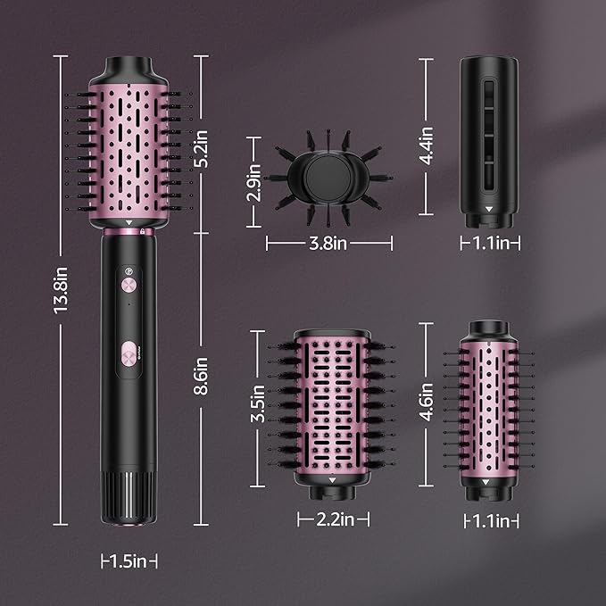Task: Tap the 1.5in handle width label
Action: point(129,561)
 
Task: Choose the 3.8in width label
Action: point(328,243)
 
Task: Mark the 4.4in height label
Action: point(427,145)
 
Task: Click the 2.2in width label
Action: point(331,518)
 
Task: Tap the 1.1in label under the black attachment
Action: point(489,243)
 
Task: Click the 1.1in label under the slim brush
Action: point(489,519)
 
